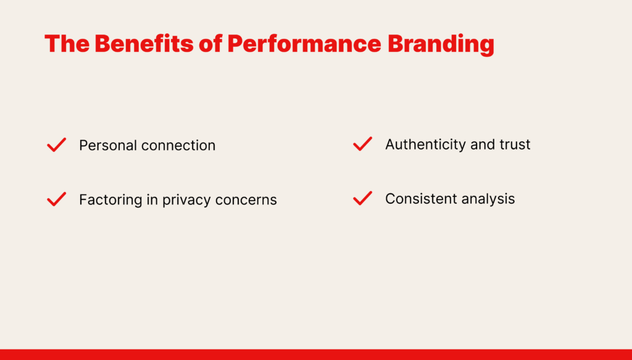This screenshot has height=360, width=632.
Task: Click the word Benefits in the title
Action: (x=144, y=44)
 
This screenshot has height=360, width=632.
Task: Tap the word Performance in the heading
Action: (x=304, y=44)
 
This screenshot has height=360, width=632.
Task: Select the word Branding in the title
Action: (x=441, y=45)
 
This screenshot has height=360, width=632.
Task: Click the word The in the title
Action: (x=67, y=44)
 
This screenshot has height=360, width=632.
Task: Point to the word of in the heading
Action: (x=210, y=44)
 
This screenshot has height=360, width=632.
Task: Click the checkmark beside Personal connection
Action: (x=56, y=144)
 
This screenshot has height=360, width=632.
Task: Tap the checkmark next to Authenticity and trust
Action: (x=362, y=144)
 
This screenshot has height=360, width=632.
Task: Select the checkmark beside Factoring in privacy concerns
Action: (x=56, y=199)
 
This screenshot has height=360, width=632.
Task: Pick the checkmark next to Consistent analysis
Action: (x=362, y=198)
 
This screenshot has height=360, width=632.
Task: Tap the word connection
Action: (x=177, y=146)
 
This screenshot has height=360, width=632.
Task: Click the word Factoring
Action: (x=110, y=200)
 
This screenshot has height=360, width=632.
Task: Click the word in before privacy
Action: (x=152, y=199)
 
